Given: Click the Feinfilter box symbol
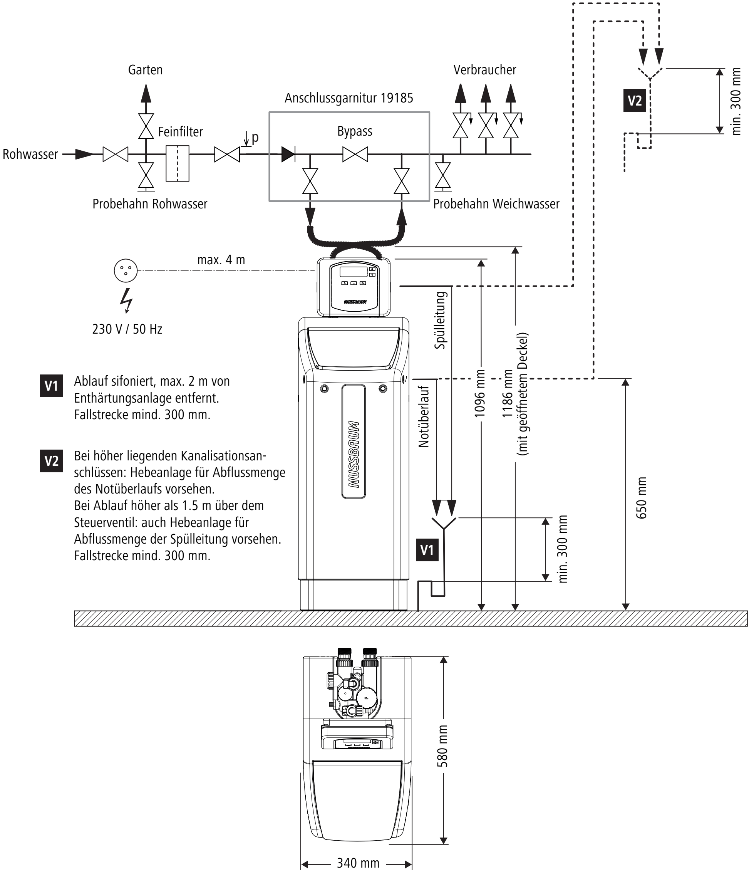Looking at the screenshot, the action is point(178,163).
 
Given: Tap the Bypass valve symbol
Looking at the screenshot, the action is point(355,154).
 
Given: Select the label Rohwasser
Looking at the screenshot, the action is point(30,154).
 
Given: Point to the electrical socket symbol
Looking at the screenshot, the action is point(126,270).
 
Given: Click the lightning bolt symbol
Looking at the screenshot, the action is point(126,301).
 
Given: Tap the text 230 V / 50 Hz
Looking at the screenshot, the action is point(127,329).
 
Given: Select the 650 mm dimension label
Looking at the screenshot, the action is point(641,498).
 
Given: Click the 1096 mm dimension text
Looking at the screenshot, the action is point(480,393).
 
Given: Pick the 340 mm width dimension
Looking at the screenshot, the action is point(358,863).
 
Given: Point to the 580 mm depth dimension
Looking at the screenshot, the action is point(442,745).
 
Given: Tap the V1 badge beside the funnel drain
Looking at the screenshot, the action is point(427,550).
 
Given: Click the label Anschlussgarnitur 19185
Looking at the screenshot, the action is point(349,98).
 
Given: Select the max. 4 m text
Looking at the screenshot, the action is point(221,260).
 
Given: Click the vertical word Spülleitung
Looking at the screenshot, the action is point(440,320).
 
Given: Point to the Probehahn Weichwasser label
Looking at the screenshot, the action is point(496,204).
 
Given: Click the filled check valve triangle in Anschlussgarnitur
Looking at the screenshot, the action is point(288,154).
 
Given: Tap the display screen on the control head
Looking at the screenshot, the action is point(354,272).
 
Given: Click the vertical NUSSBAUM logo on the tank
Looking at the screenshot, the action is point(354,454).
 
